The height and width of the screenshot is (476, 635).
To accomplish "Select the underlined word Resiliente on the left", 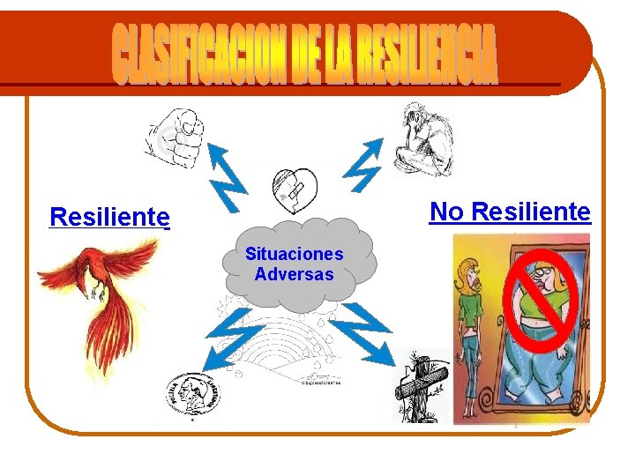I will (x=109, y=216).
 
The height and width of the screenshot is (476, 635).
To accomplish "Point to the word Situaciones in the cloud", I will (x=295, y=254).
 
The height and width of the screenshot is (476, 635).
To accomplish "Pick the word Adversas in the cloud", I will (x=295, y=274).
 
